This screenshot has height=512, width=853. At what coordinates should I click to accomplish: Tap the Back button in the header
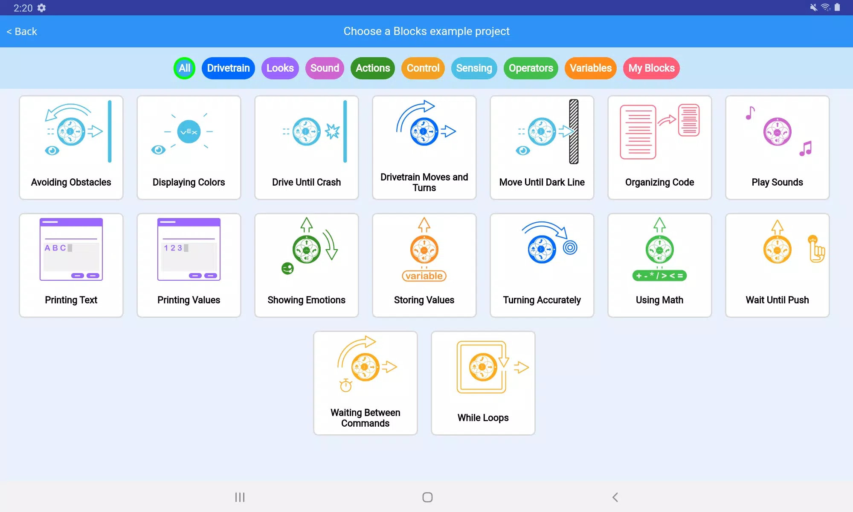(22, 32)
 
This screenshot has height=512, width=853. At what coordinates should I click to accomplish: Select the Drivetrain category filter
(228, 68)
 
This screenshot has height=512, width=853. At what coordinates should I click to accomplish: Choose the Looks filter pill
(280, 68)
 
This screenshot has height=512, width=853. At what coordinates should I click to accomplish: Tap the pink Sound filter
(325, 68)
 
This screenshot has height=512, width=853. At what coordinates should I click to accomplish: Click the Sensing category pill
(474, 68)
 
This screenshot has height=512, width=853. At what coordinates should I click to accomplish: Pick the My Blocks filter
(651, 68)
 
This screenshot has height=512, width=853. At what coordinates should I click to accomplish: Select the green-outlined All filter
(184, 68)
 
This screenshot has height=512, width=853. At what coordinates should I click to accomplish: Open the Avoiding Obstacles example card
(71, 148)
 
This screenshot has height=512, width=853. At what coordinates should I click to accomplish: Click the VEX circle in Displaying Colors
(189, 132)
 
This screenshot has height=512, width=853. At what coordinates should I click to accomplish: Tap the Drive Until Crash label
(306, 182)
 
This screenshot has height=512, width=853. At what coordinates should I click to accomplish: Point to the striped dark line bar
(574, 131)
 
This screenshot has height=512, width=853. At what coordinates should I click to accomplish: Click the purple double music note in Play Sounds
(806, 149)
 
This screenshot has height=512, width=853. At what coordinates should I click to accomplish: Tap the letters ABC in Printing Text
(55, 248)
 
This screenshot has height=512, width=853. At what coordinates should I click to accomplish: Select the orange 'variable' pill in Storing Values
(424, 276)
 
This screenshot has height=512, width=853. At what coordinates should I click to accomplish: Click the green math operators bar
(659, 276)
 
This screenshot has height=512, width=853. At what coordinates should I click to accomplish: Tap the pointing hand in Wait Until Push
(816, 249)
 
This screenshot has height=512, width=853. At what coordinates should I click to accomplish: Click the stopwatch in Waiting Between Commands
(345, 385)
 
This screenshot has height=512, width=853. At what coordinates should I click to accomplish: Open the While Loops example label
(483, 418)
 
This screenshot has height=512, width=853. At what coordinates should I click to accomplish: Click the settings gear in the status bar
(41, 8)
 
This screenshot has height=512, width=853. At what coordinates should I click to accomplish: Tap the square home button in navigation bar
(427, 497)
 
